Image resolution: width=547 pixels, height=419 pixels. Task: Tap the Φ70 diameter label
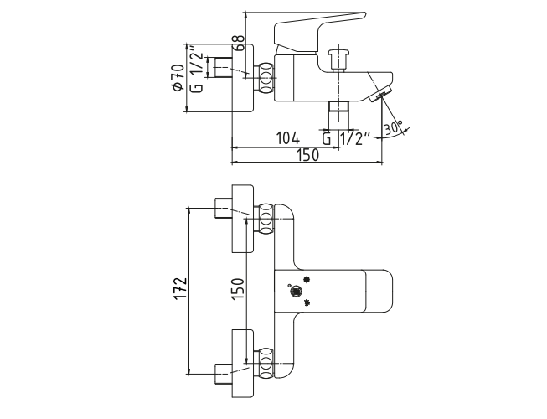pyautogui.click(x=178, y=77)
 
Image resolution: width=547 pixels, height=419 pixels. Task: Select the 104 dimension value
pyautogui.click(x=288, y=138)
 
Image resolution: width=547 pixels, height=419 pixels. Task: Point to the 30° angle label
pyautogui.click(x=394, y=128)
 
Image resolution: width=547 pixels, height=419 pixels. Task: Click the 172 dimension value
pyautogui.click(x=181, y=288)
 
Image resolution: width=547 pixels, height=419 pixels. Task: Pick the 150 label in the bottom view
pyautogui.click(x=237, y=288)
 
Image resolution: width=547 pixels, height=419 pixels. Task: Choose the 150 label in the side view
pyautogui.click(x=308, y=155)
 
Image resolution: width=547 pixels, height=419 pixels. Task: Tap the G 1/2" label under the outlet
pyautogui.click(x=346, y=139)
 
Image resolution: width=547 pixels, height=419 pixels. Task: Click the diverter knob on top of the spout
pyautogui.click(x=338, y=60)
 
